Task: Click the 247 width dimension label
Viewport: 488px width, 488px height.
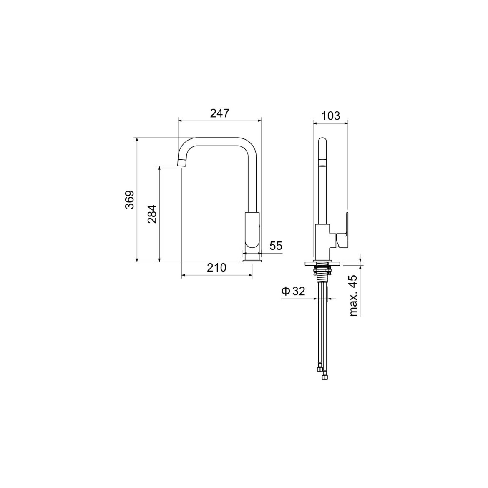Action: coord(219,113)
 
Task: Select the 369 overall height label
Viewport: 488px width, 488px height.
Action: coord(129,199)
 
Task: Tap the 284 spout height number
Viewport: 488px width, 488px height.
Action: coord(152,214)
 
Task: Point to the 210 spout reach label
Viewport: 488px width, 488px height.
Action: coord(217,267)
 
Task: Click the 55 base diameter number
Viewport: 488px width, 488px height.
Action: coord(276,246)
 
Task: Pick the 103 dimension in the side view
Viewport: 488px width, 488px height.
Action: coord(330,116)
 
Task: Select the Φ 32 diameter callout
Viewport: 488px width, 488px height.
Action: coord(293,291)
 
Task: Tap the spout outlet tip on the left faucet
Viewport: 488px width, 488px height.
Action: coord(182,163)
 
